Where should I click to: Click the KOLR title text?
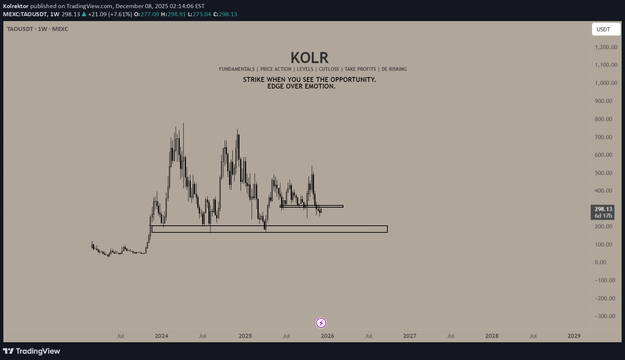tap(309, 58)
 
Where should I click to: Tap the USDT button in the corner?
tap(606, 29)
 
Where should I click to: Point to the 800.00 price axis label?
tap(603, 119)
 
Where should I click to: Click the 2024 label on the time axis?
tap(161, 336)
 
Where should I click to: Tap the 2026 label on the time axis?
tap(327, 336)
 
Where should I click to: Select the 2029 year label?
tap(574, 336)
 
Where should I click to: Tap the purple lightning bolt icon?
tap(321, 323)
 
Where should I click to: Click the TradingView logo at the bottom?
tap(32, 351)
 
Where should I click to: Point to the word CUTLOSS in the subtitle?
tap(329, 69)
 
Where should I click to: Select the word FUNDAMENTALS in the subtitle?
tap(237, 69)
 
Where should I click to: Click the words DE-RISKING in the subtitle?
tap(394, 69)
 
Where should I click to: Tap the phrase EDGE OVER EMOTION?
tap(301, 86)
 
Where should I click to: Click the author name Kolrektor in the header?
tap(16, 6)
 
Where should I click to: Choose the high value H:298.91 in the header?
tap(173, 14)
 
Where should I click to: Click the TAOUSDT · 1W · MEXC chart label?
tap(38, 29)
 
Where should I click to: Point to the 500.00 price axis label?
tap(603, 173)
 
